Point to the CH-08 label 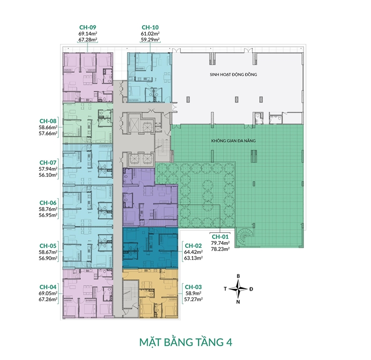pos(48,121)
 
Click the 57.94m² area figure pos(48,169)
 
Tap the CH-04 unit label pos(48,287)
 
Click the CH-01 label pos(220,236)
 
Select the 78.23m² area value pos(220,248)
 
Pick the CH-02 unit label pos(193,246)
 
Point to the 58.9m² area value pos(193,294)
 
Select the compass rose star pos(238,289)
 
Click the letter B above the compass pos(238,276)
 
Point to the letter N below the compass pos(238,302)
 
